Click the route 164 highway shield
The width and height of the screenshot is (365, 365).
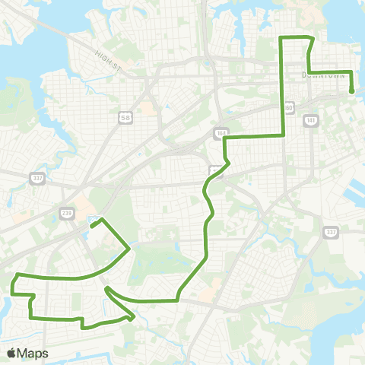[221, 132]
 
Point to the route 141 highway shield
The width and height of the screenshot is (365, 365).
[309, 119]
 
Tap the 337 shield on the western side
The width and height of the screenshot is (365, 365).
[36, 178]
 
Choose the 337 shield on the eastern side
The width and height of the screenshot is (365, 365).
[330, 232]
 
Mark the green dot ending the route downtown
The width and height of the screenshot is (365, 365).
[352, 93]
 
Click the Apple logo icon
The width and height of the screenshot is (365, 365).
[11, 353]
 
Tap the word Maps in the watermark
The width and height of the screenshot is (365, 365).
[33, 353]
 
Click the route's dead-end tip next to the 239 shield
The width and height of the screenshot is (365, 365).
[91, 225]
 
